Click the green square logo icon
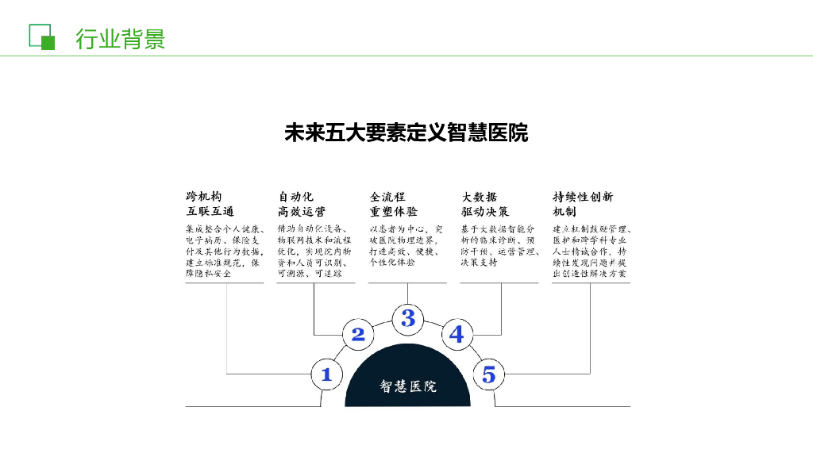[x=41, y=36]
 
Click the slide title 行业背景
[x=120, y=38]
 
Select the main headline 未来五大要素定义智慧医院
[x=406, y=132]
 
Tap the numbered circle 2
[x=358, y=334]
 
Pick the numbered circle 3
[x=407, y=318]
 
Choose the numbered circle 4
[x=456, y=334]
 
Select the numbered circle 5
[x=489, y=374]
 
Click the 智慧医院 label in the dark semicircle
[x=407, y=386]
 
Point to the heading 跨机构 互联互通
[x=210, y=204]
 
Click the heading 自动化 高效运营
[x=302, y=204]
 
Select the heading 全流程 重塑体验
[x=394, y=204]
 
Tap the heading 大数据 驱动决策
[x=485, y=204]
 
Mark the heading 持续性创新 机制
[x=583, y=204]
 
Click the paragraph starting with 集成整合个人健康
[x=225, y=251]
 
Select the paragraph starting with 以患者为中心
[x=406, y=245]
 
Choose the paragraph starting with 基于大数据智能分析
[x=499, y=245]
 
